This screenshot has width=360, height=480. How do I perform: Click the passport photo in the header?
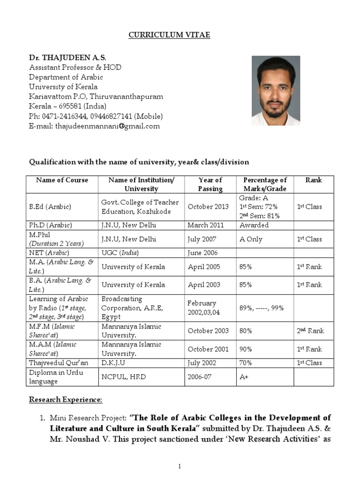(276, 91)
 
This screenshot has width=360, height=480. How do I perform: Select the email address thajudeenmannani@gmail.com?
(107, 126)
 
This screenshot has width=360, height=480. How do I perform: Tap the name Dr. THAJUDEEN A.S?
(67, 58)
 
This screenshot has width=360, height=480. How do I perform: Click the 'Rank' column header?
(314, 180)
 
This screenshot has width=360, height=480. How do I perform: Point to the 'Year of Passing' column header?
(210, 184)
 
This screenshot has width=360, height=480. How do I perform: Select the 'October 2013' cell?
(208, 207)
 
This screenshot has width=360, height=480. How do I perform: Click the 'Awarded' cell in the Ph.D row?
(254, 225)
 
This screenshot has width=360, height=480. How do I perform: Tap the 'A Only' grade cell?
(251, 239)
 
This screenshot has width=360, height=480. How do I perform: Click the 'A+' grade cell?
(244, 376)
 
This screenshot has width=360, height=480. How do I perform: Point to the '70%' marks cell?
(246, 363)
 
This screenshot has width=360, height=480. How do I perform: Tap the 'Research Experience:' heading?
(65, 399)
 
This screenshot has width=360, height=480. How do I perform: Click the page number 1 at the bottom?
(180, 466)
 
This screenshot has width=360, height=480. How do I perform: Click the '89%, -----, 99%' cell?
(261, 308)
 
